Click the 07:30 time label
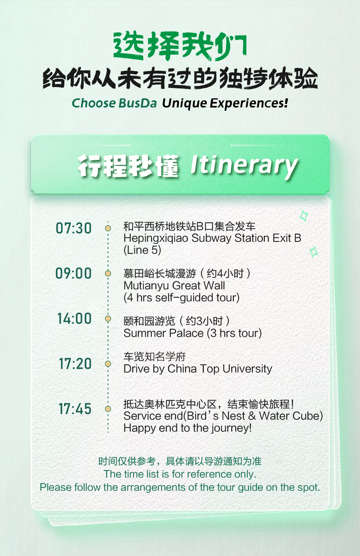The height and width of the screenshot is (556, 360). point(74,228)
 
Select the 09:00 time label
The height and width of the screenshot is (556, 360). point(74,273)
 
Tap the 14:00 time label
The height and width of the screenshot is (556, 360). point(74,319)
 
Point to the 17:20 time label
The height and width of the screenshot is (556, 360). point(75,364)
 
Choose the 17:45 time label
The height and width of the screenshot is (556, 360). point(75,409)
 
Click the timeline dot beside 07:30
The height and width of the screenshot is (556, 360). point(108,228)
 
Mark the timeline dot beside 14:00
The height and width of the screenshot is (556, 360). point(108,319)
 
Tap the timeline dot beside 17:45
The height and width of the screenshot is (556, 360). point(108,409)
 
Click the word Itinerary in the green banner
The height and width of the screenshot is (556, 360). point(244,166)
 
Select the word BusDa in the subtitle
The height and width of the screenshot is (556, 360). point(138,103)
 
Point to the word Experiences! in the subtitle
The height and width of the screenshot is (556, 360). point(249,104)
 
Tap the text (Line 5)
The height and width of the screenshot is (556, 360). point(142,250)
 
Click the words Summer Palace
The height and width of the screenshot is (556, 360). point(164,333)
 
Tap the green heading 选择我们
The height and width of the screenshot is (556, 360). point(180,46)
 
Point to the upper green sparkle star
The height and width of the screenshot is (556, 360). point(304,215)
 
